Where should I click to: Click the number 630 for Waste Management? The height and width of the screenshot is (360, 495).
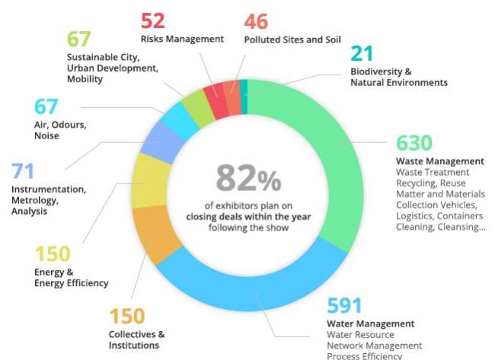coord(414,143)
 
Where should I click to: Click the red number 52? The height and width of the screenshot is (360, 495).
coord(152,21)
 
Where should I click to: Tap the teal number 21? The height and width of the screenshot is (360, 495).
coord(362,55)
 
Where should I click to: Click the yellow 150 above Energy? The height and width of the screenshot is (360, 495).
coord(53,253)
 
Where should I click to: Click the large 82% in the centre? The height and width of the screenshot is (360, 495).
coord(248,180)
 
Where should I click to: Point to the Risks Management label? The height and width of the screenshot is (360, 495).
coord(182,39)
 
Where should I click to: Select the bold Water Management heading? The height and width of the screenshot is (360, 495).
coord(370,323)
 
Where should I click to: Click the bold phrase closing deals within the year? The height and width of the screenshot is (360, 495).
coord(247,216)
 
